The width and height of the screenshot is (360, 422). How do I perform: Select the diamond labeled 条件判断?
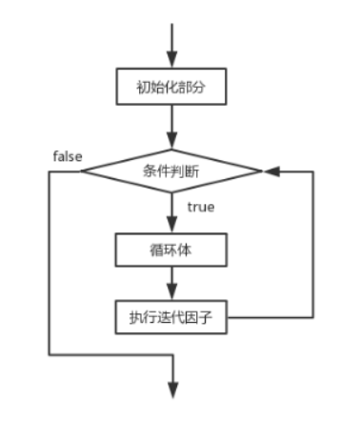pyautogui.click(x=171, y=171)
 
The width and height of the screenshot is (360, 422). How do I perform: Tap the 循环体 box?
pyautogui.click(x=171, y=251)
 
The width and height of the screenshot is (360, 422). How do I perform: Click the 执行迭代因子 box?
pyautogui.click(x=171, y=315)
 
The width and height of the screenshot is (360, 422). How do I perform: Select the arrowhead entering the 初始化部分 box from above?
pyautogui.click(x=171, y=62)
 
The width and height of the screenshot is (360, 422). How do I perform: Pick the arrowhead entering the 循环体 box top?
pyautogui.click(x=171, y=229)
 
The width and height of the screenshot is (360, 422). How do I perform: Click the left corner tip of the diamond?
pyautogui.click(x=82, y=171)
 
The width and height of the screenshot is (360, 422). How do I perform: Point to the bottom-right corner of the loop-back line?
pyautogui.click(x=312, y=315)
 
